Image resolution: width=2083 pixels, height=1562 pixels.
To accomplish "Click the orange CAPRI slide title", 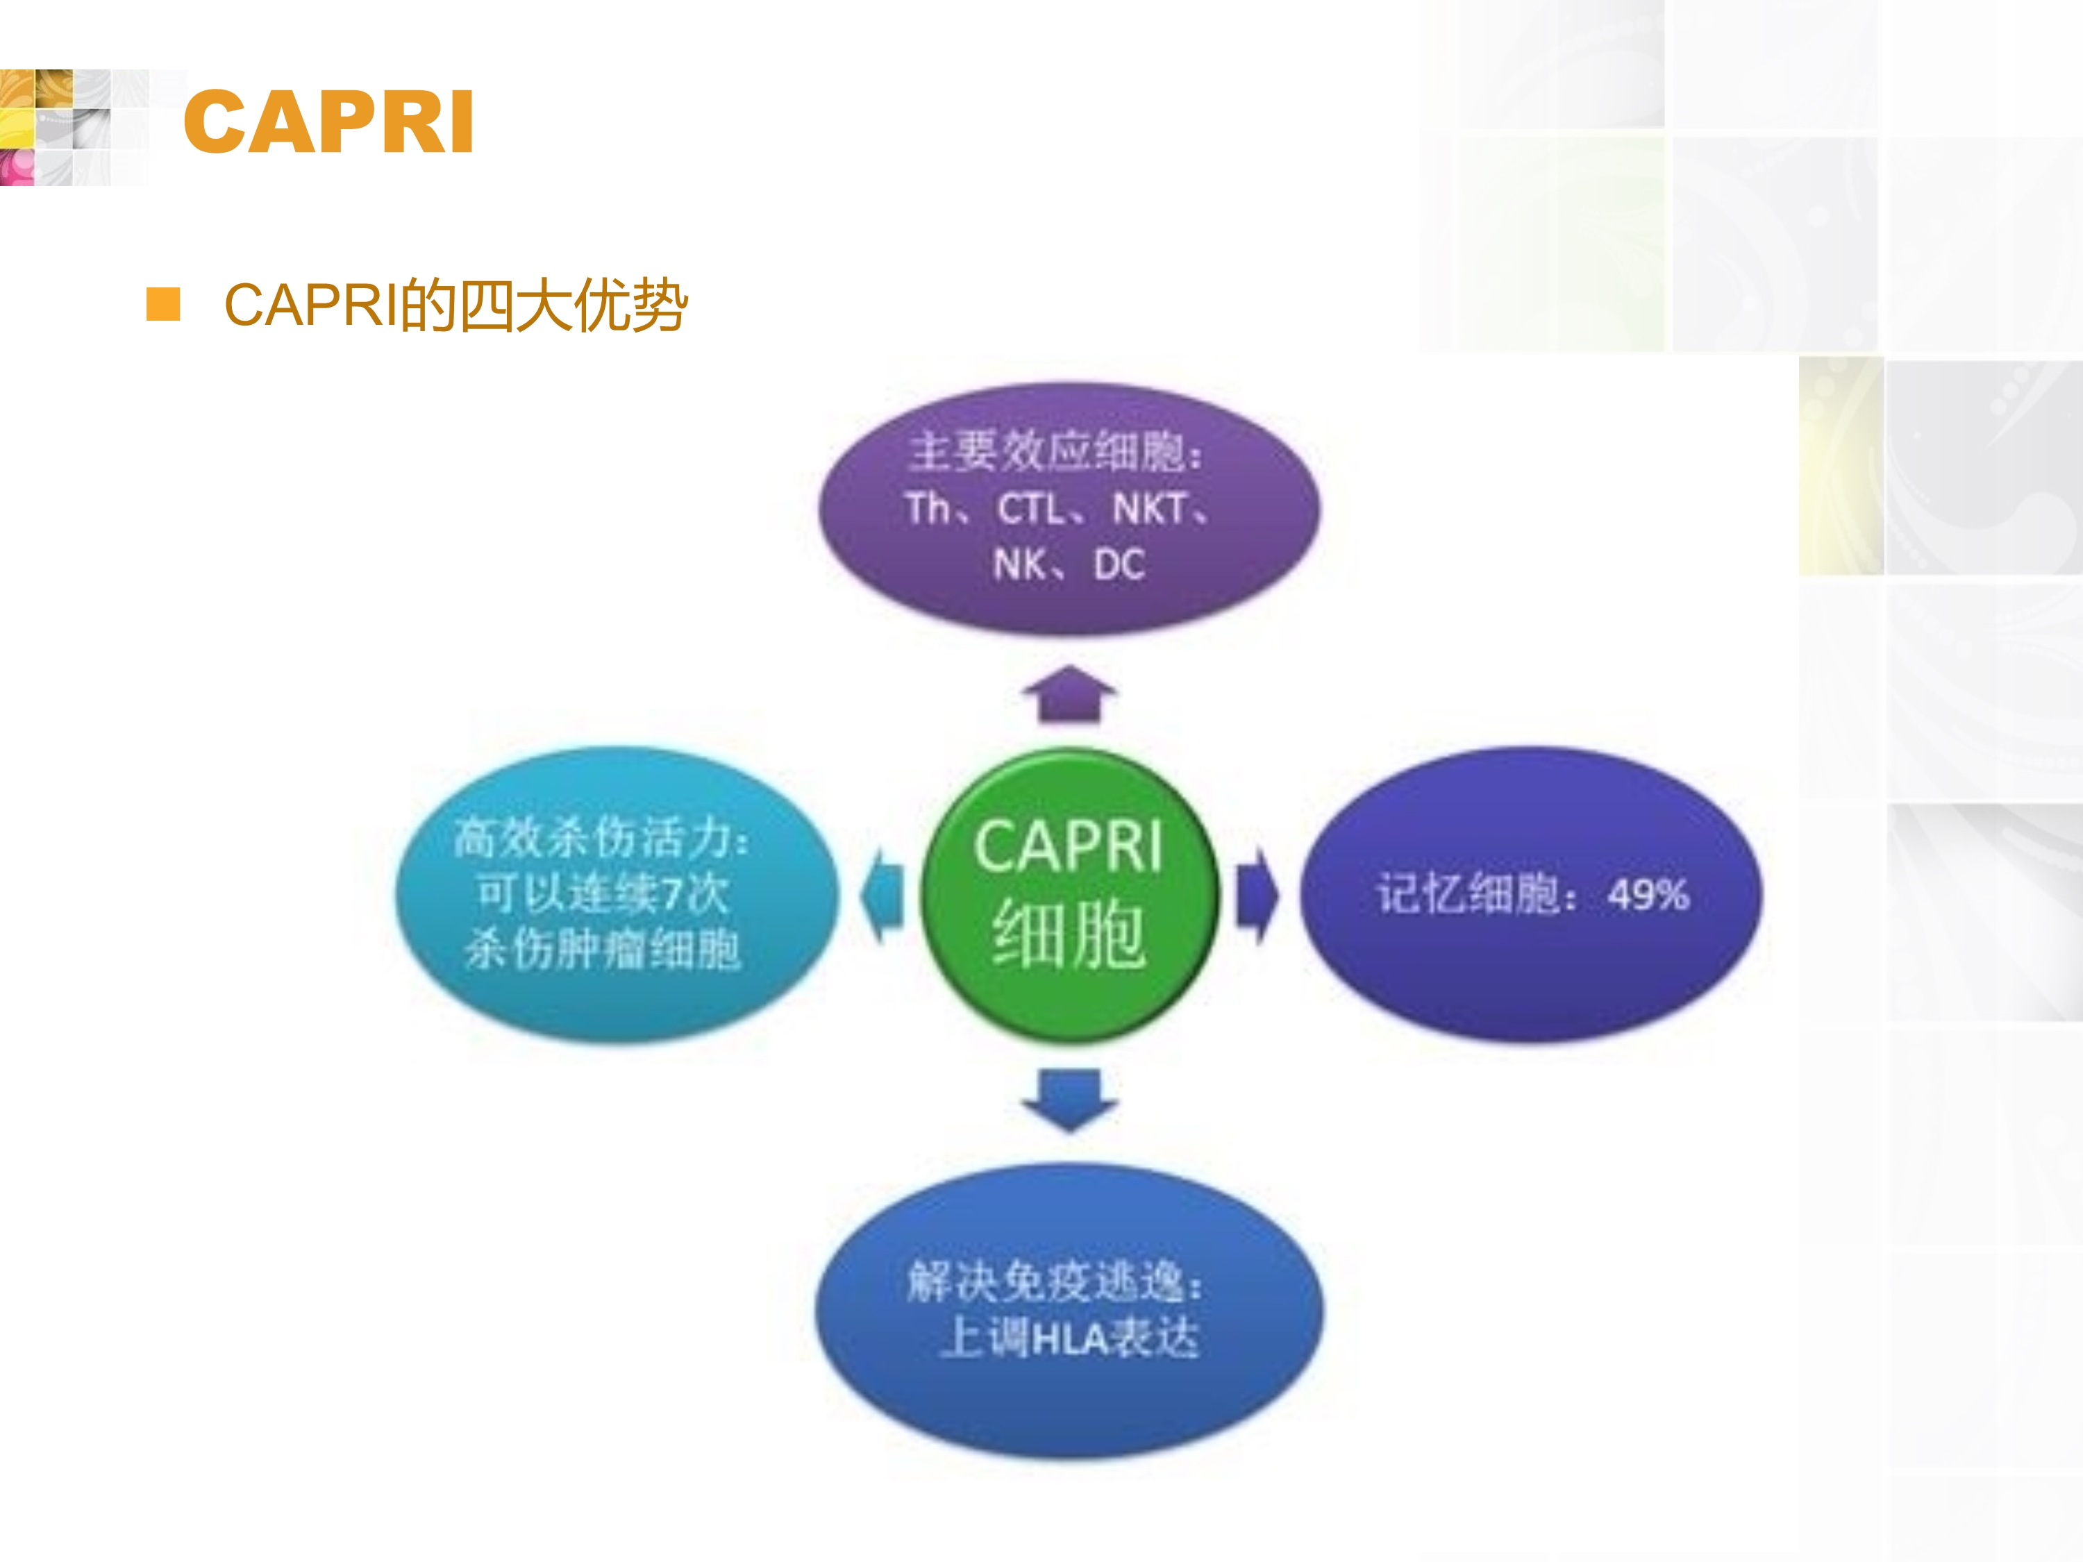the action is pos(328,121).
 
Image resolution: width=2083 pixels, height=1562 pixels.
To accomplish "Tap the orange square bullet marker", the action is pos(163,305).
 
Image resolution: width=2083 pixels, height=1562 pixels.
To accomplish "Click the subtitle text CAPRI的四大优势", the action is pos(455,305).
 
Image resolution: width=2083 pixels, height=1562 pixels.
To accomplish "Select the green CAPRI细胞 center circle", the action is pos(1069,894).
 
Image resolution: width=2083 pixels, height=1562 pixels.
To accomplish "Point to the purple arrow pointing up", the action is pos(1070,694).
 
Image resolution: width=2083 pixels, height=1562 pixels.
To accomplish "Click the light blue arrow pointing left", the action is pos(882,894).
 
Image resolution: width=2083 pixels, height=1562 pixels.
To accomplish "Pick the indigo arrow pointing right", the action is pos(1258,894).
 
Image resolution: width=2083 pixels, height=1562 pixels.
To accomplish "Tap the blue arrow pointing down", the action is pos(1070,1100).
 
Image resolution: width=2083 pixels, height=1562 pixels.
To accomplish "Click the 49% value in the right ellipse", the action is pos(1648,894).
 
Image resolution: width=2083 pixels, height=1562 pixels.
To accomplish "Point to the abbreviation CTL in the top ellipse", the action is pos(1031,510).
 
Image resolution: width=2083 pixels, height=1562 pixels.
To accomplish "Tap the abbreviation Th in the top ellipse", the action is pos(928,510).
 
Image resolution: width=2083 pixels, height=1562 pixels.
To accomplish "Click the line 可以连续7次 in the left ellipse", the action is pos(603,893).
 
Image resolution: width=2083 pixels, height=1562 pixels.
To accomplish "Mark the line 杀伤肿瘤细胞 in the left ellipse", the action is pos(603,948).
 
